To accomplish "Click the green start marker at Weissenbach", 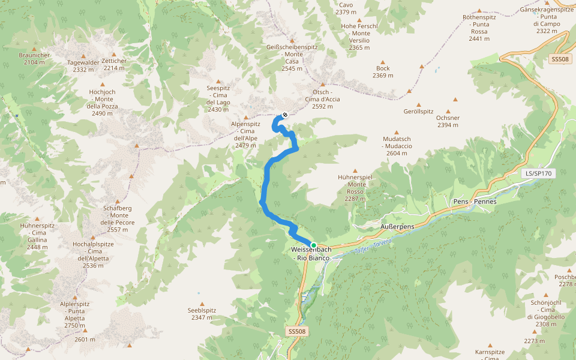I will [x=313, y=245].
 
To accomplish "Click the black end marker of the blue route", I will [x=284, y=115].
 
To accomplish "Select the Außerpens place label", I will [x=398, y=226].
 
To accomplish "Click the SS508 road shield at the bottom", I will [x=296, y=331].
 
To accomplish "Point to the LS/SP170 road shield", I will [x=538, y=173].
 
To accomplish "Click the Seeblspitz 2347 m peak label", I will [x=202, y=314].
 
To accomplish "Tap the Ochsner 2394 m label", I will [x=448, y=121].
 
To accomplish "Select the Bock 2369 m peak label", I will [x=383, y=72].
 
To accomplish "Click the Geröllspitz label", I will [x=418, y=112].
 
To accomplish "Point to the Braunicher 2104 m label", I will [x=35, y=59].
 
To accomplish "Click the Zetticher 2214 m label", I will [x=114, y=64].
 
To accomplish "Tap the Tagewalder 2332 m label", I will [x=83, y=66].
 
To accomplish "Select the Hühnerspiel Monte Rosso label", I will [x=356, y=188].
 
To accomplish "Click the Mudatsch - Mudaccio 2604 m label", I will [x=397, y=146].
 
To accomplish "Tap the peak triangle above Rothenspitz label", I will [x=479, y=11].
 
